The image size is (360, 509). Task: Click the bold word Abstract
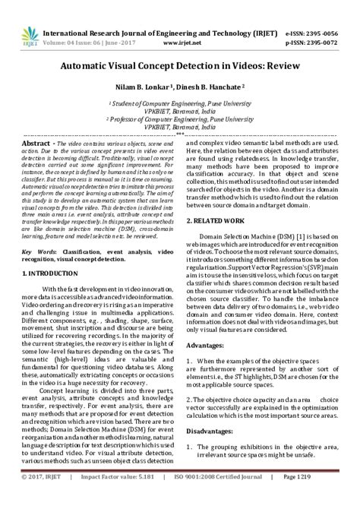pyautogui.click(x=36, y=143)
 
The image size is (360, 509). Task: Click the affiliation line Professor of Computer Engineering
pyautogui.click(x=179, y=119)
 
